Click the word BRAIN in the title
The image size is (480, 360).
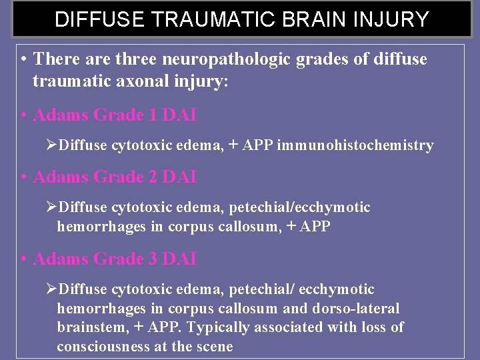point(303,19)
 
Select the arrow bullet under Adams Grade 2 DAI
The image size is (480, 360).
point(53,207)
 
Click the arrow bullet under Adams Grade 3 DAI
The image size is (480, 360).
point(53,289)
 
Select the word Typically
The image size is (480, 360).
point(219,328)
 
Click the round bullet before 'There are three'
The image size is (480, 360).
point(23,59)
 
